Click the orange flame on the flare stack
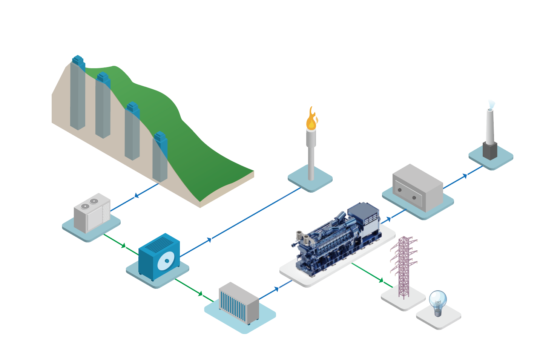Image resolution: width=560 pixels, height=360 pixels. [311, 120]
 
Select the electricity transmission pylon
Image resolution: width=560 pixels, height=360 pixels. [404, 266]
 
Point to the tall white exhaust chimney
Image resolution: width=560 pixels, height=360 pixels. [490, 126]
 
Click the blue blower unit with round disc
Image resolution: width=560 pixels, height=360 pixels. [159, 256]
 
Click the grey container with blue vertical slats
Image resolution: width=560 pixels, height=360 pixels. [239, 302]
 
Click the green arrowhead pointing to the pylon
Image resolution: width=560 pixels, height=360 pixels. [381, 280]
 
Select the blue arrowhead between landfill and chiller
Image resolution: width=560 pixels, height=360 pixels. [137, 195]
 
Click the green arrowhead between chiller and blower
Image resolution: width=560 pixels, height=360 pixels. [123, 245]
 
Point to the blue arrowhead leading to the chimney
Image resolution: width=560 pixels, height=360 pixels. [465, 176]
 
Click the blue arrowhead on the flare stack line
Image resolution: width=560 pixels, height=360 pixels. [209, 240]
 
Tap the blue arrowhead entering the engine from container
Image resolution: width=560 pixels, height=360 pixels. [277, 289]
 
